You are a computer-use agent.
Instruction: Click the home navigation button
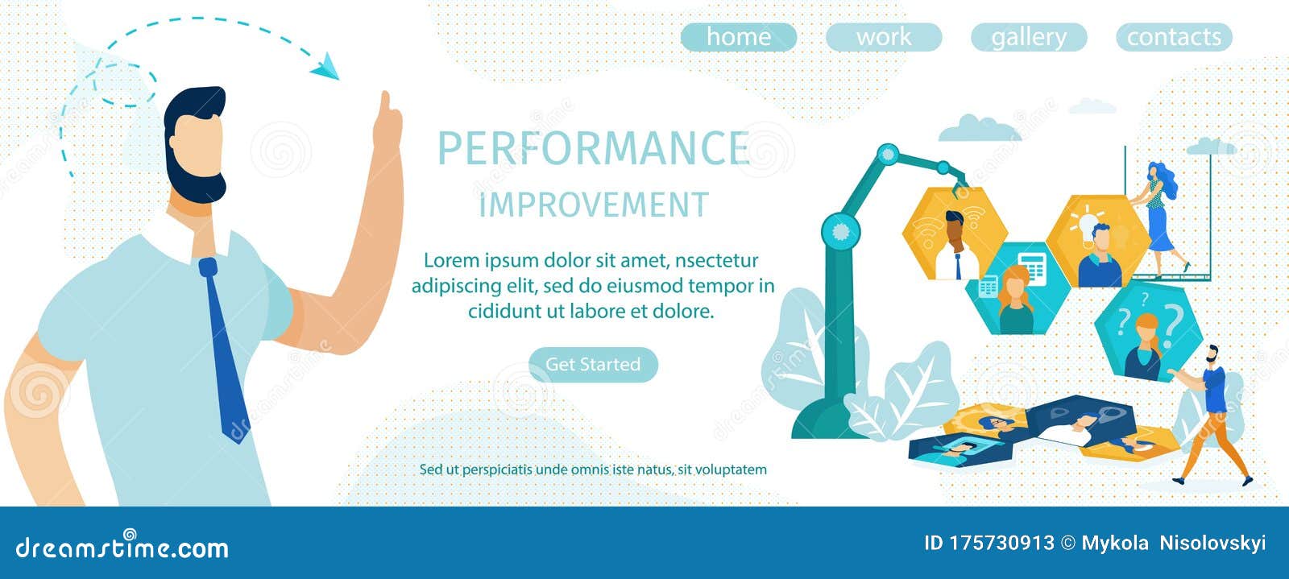tap(738, 37)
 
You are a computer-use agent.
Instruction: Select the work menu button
tap(883, 37)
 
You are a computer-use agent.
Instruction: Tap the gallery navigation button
tap(1028, 37)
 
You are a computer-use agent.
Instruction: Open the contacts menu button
tap(1173, 37)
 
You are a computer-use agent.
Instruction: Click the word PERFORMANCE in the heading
tap(593, 148)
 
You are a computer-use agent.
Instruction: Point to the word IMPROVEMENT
tap(594, 205)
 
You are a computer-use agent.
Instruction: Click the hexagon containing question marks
tap(1148, 330)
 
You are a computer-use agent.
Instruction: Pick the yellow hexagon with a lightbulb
tap(1097, 240)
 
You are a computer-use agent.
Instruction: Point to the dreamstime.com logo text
tap(122, 548)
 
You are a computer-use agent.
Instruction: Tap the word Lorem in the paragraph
tap(450, 260)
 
